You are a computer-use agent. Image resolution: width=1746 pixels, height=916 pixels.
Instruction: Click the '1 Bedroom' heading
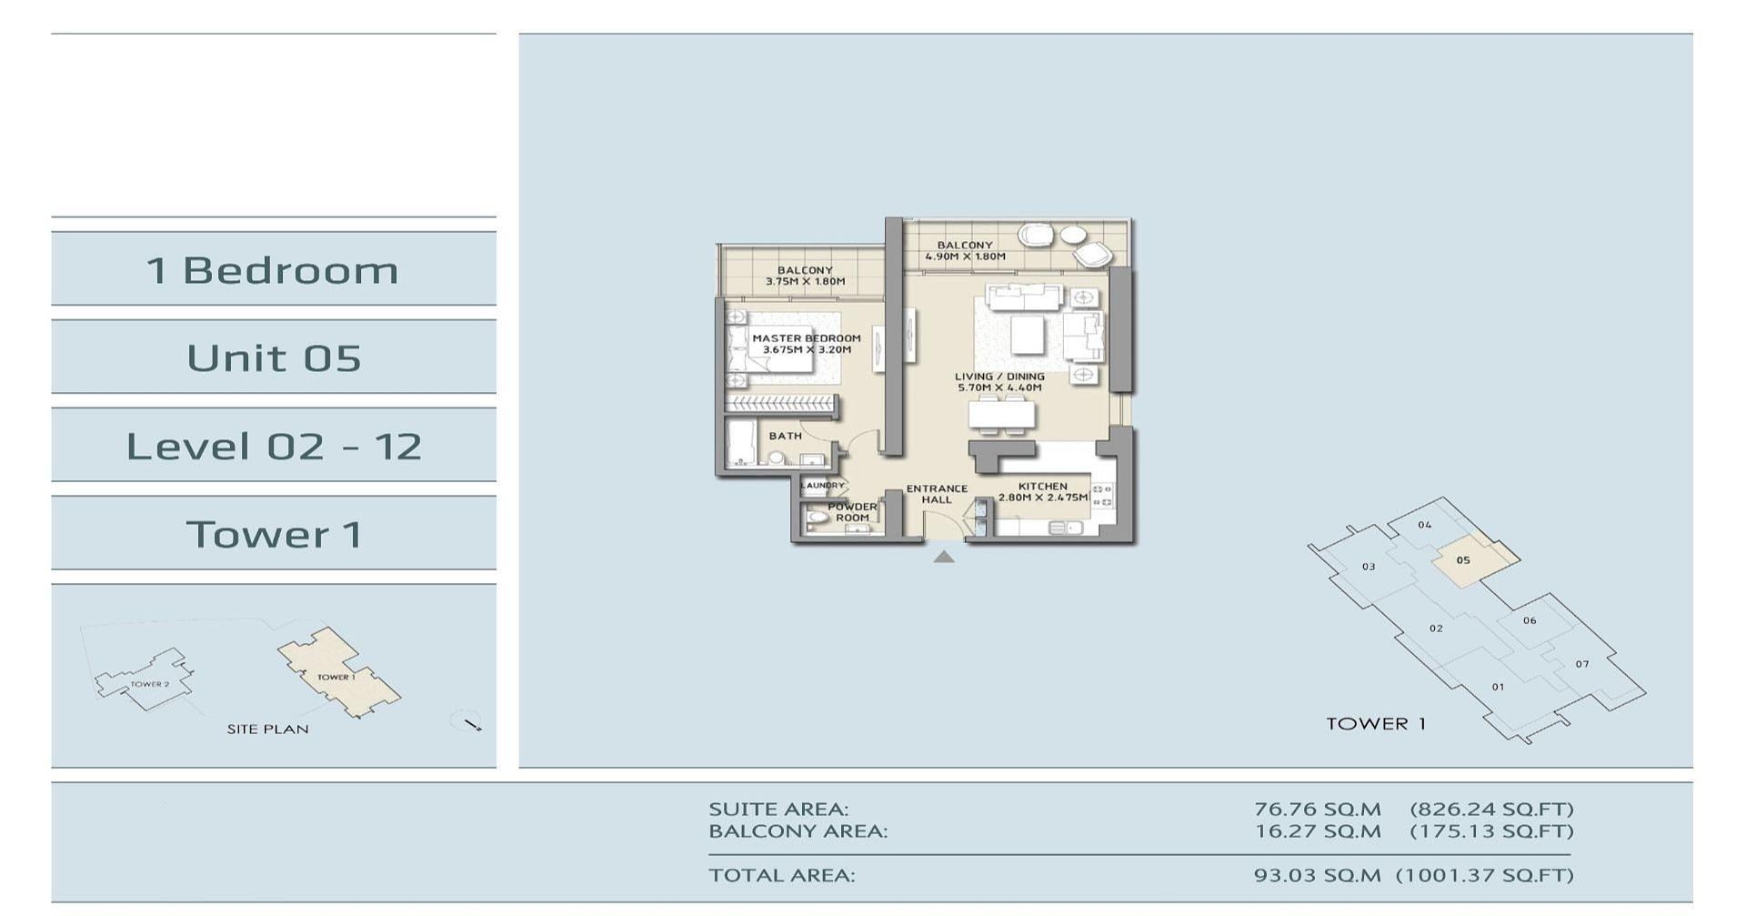(x=273, y=270)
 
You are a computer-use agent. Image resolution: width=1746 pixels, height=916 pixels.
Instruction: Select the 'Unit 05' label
(x=274, y=358)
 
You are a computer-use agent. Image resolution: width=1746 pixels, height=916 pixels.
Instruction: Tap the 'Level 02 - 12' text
(x=274, y=446)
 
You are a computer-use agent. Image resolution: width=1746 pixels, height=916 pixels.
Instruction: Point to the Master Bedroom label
(x=806, y=344)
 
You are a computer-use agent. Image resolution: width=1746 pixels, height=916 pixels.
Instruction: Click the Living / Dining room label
(x=999, y=382)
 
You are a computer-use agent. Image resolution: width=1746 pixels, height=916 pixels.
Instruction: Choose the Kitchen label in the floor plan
(x=1042, y=492)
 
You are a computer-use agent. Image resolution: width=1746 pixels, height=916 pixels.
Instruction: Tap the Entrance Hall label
(x=937, y=494)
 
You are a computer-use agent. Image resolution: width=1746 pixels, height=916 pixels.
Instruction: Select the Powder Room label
(x=852, y=512)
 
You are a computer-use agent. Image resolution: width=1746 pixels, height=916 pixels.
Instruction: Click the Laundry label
(x=822, y=486)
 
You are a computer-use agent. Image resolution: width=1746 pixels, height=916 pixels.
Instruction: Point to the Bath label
(x=786, y=436)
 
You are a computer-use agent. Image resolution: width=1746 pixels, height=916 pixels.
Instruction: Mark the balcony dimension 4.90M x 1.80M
(x=965, y=257)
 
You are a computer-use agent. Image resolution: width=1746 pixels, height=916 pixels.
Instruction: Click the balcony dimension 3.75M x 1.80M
(x=805, y=282)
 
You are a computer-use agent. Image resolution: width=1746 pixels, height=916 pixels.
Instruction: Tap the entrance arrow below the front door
(x=944, y=557)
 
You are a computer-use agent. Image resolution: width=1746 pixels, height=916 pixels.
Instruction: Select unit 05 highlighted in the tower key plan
(x=1463, y=560)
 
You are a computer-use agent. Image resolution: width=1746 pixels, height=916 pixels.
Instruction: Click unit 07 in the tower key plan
(x=1582, y=664)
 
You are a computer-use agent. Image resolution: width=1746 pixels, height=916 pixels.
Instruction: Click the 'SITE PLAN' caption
(x=267, y=729)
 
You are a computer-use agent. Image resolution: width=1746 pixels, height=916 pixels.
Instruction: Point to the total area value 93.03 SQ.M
(x=1317, y=875)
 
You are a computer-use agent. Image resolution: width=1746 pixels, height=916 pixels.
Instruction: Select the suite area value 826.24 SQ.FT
(x=1491, y=809)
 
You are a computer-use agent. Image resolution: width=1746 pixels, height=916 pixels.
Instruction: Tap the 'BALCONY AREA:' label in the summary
(x=798, y=830)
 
